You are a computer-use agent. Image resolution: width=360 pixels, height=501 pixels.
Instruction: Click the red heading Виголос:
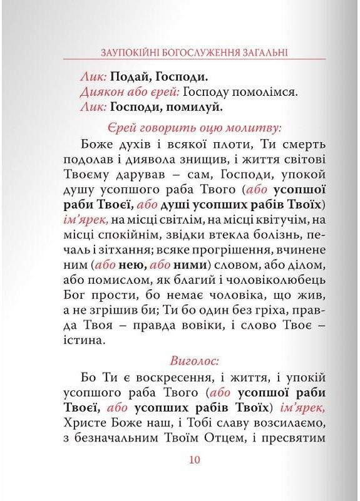193,361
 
